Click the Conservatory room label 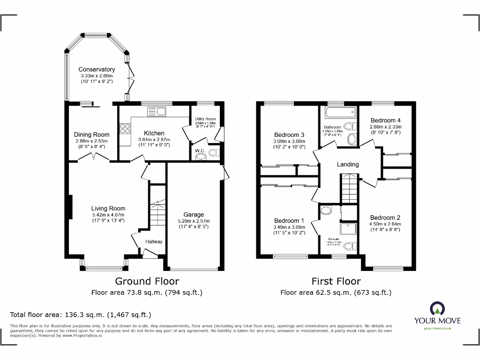97,69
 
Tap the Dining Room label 92,135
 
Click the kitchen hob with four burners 126,128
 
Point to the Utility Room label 205,120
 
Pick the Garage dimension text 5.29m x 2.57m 194,221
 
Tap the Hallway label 154,242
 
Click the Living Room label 108,209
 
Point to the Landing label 348,165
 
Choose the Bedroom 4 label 386,120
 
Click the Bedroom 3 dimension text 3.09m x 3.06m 289,141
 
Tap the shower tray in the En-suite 350,230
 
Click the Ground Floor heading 147,281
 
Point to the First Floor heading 336,281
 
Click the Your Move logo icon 437,309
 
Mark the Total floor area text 81,315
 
